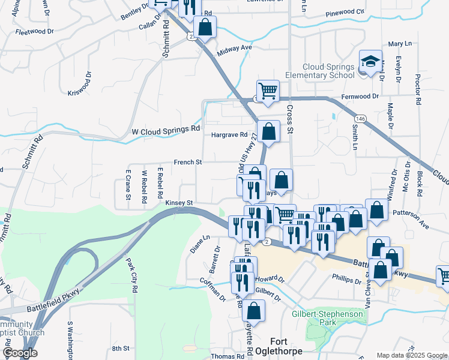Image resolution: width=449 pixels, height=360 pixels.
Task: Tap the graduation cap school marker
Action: [370, 62]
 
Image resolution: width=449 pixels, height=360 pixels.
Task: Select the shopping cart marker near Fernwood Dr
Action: [268, 91]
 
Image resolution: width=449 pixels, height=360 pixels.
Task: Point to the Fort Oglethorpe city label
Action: [285, 346]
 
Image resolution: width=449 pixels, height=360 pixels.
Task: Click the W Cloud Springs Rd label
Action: [165, 130]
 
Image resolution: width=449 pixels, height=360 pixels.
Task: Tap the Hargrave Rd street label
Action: [229, 135]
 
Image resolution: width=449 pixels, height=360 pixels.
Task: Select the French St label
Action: [188, 162]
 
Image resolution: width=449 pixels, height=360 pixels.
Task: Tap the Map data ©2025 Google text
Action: [412, 355]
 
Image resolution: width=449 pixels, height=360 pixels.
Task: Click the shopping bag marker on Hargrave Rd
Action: [270, 132]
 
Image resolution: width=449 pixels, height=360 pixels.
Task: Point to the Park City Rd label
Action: [131, 272]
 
